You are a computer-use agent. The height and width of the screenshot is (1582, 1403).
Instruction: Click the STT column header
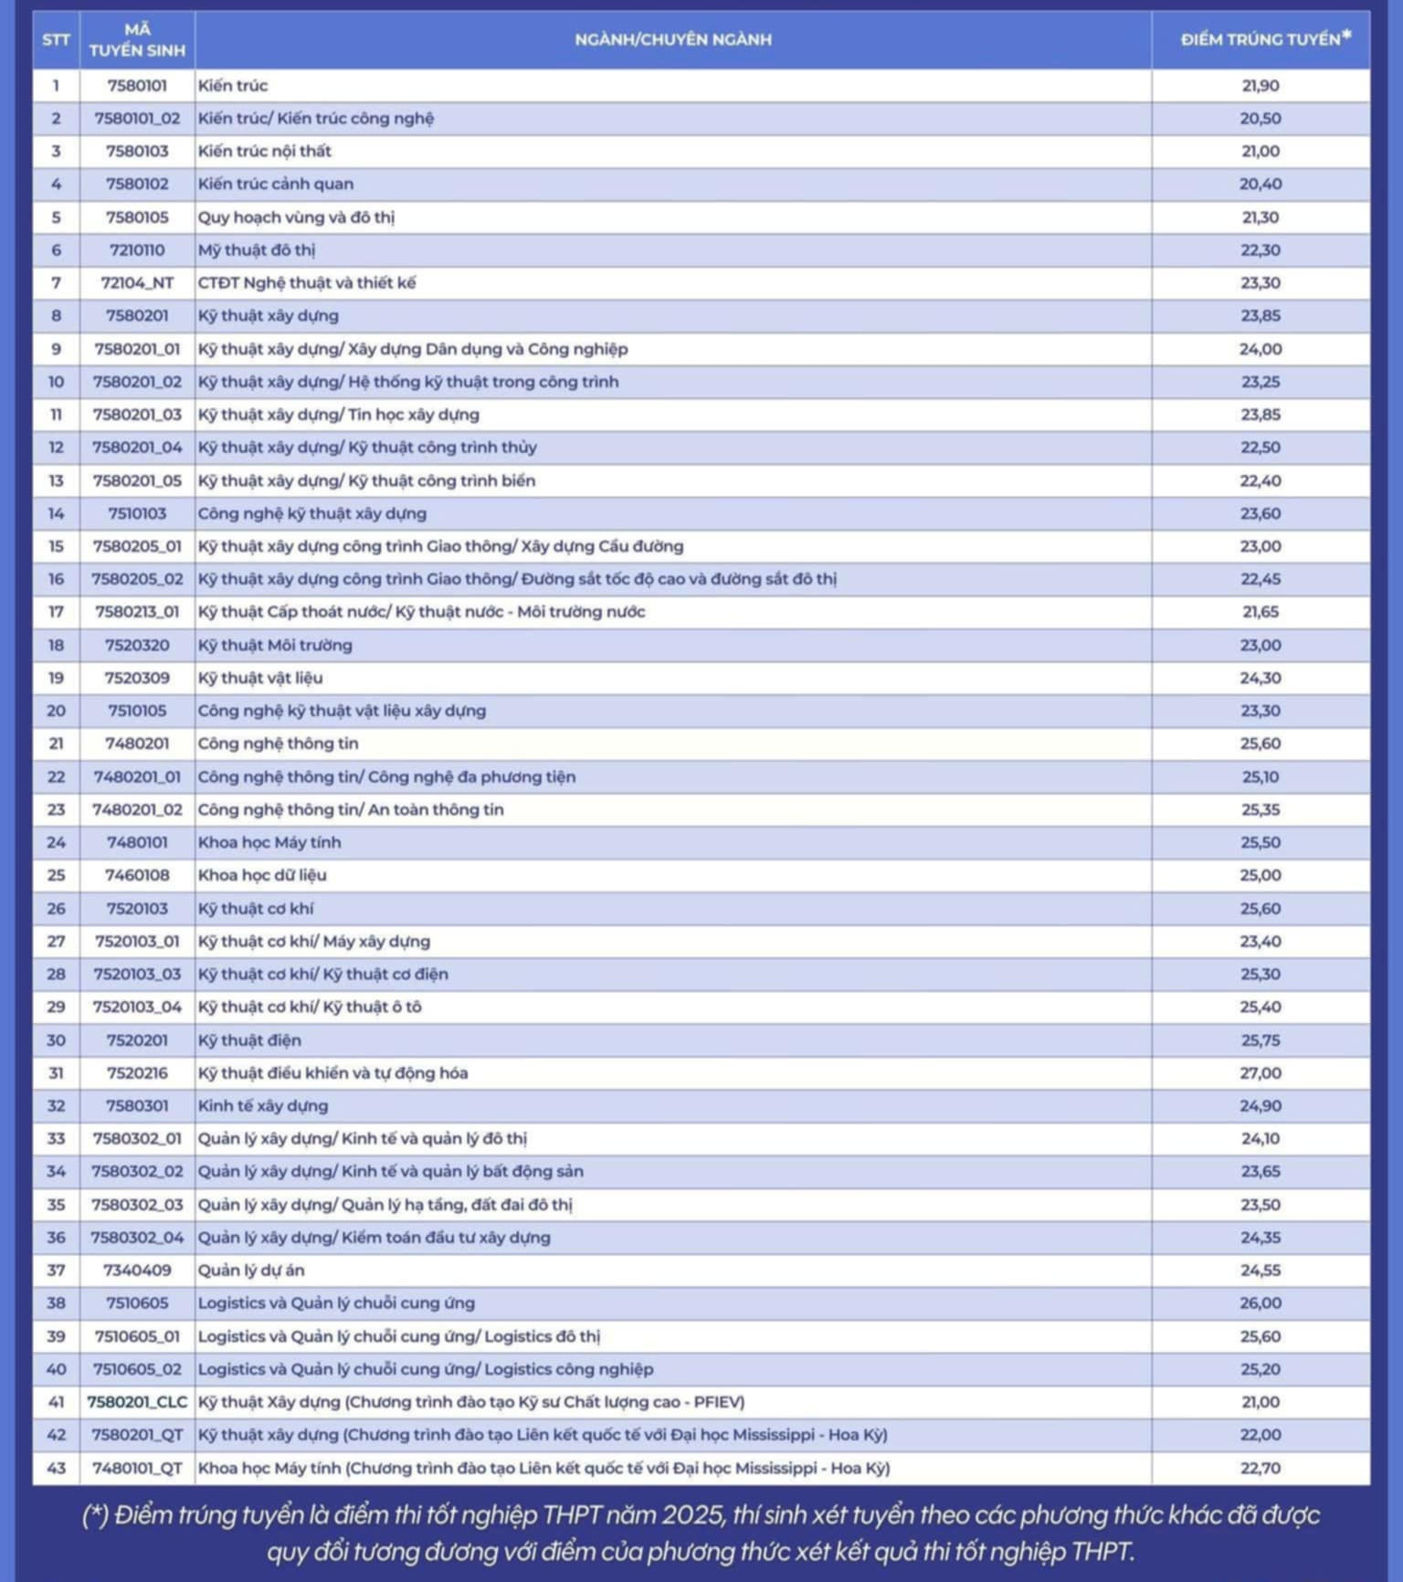coord(56,40)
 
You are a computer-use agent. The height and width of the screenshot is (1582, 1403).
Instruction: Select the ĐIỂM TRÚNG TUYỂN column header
coord(1261,39)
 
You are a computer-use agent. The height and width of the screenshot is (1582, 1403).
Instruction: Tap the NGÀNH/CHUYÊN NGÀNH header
coord(673,39)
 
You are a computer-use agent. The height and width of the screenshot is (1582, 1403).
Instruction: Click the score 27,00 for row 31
coord(1261,1072)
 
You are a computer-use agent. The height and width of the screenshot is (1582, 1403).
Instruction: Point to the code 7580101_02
coord(137,119)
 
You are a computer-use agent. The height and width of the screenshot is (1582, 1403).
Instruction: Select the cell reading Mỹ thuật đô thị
coord(257,250)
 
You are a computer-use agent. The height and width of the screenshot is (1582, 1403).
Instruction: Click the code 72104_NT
coord(137,283)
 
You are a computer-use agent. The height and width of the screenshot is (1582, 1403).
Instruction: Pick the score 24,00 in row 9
coord(1261,349)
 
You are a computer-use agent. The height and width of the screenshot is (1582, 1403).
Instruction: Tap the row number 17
coord(56,612)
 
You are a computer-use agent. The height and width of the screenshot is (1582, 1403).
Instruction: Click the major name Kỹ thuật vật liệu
coord(260,678)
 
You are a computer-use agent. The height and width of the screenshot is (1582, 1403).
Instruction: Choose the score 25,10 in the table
coord(1261,776)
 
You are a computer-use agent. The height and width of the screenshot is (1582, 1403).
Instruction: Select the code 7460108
coord(137,875)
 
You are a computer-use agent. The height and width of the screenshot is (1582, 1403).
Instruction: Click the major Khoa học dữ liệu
coord(262,875)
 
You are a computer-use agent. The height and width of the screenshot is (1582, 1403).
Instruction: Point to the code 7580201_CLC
coord(137,1402)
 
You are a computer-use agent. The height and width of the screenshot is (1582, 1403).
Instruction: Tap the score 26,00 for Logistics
coord(1261,1303)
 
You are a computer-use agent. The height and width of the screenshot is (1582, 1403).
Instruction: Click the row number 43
coord(56,1468)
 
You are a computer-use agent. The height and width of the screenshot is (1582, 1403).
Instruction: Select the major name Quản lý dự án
coord(251,1270)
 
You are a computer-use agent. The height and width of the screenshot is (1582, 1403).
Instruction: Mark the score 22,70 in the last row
coord(1261,1468)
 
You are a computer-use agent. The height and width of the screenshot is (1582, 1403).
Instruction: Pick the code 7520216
coord(137,1072)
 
